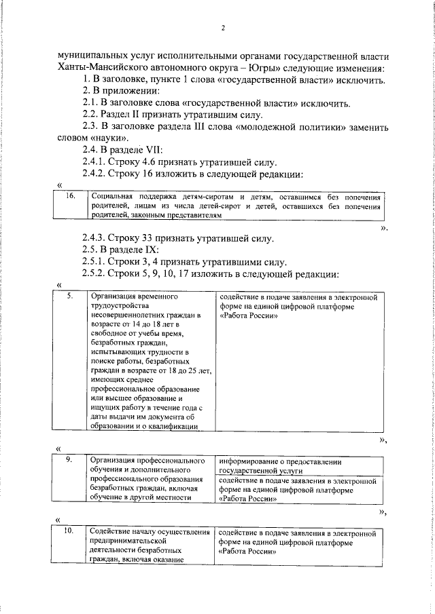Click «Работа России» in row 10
(248, 551)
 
